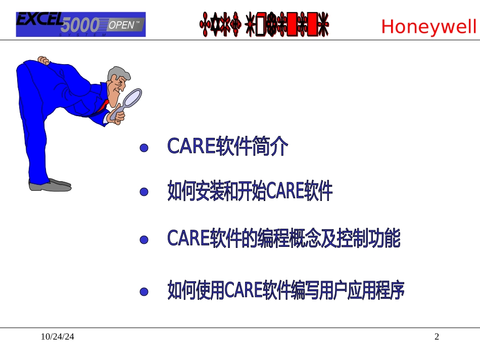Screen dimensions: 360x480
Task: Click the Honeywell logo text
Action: pos(428,26)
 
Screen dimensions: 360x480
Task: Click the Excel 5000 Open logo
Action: pos(81,24)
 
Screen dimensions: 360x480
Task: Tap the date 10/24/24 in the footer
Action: pos(57,337)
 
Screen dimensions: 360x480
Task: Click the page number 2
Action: pos(437,337)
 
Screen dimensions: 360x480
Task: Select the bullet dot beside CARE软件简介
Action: pos(144,148)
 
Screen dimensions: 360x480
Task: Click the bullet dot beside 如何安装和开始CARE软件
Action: pos(144,192)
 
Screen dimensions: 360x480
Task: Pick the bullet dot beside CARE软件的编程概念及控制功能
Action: pos(144,240)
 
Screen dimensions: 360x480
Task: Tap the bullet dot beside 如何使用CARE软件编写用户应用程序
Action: pos(144,292)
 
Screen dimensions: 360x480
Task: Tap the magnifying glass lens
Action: pos(133,97)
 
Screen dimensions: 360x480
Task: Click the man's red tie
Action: pos(105,105)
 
